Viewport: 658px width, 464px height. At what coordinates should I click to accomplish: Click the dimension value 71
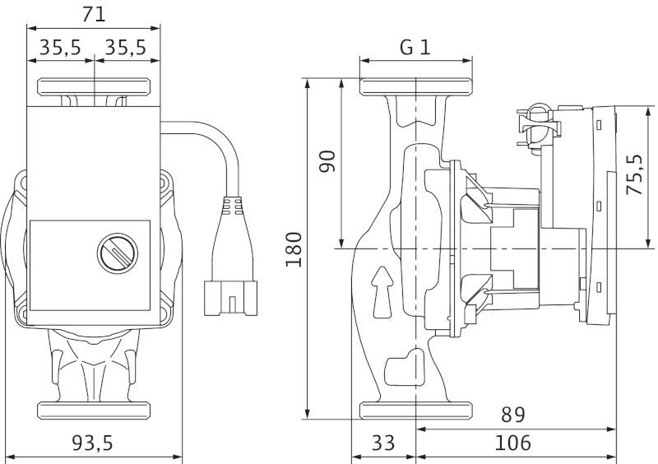(x=95, y=14)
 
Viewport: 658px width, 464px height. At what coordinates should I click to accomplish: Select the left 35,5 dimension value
(x=60, y=48)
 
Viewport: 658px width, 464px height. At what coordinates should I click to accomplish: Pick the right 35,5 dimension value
(x=126, y=48)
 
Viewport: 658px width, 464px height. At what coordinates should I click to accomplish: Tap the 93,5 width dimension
(x=92, y=443)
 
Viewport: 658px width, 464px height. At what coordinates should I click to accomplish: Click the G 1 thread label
(x=415, y=47)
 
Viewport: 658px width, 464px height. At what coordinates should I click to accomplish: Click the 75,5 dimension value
(x=634, y=174)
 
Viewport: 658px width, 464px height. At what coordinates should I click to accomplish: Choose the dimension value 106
(x=513, y=443)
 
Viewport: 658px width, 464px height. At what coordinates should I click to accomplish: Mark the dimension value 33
(x=382, y=443)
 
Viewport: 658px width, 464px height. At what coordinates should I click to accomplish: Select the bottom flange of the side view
(x=416, y=410)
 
